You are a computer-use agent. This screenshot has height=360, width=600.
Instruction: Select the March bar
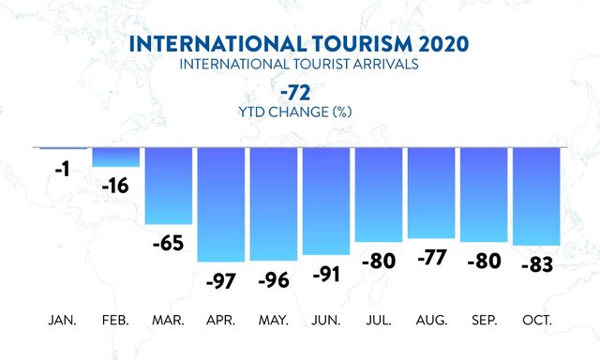[168, 186]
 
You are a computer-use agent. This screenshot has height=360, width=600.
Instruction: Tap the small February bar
[115, 157]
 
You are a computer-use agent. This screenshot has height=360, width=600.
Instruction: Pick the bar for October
[536, 196]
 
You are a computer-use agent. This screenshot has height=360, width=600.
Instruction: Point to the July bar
[379, 195]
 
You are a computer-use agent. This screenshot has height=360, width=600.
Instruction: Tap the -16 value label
[115, 186]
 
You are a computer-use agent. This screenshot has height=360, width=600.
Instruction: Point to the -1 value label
[63, 171]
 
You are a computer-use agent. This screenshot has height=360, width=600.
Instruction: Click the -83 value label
[536, 264]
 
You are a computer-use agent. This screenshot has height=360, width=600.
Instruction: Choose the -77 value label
[431, 258]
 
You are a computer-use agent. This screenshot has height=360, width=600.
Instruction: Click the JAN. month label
[63, 321]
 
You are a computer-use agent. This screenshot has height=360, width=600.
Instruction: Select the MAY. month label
[273, 321]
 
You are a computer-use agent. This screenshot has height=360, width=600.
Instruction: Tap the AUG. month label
[431, 321]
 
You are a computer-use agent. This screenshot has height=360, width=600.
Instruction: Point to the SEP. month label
[484, 321]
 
